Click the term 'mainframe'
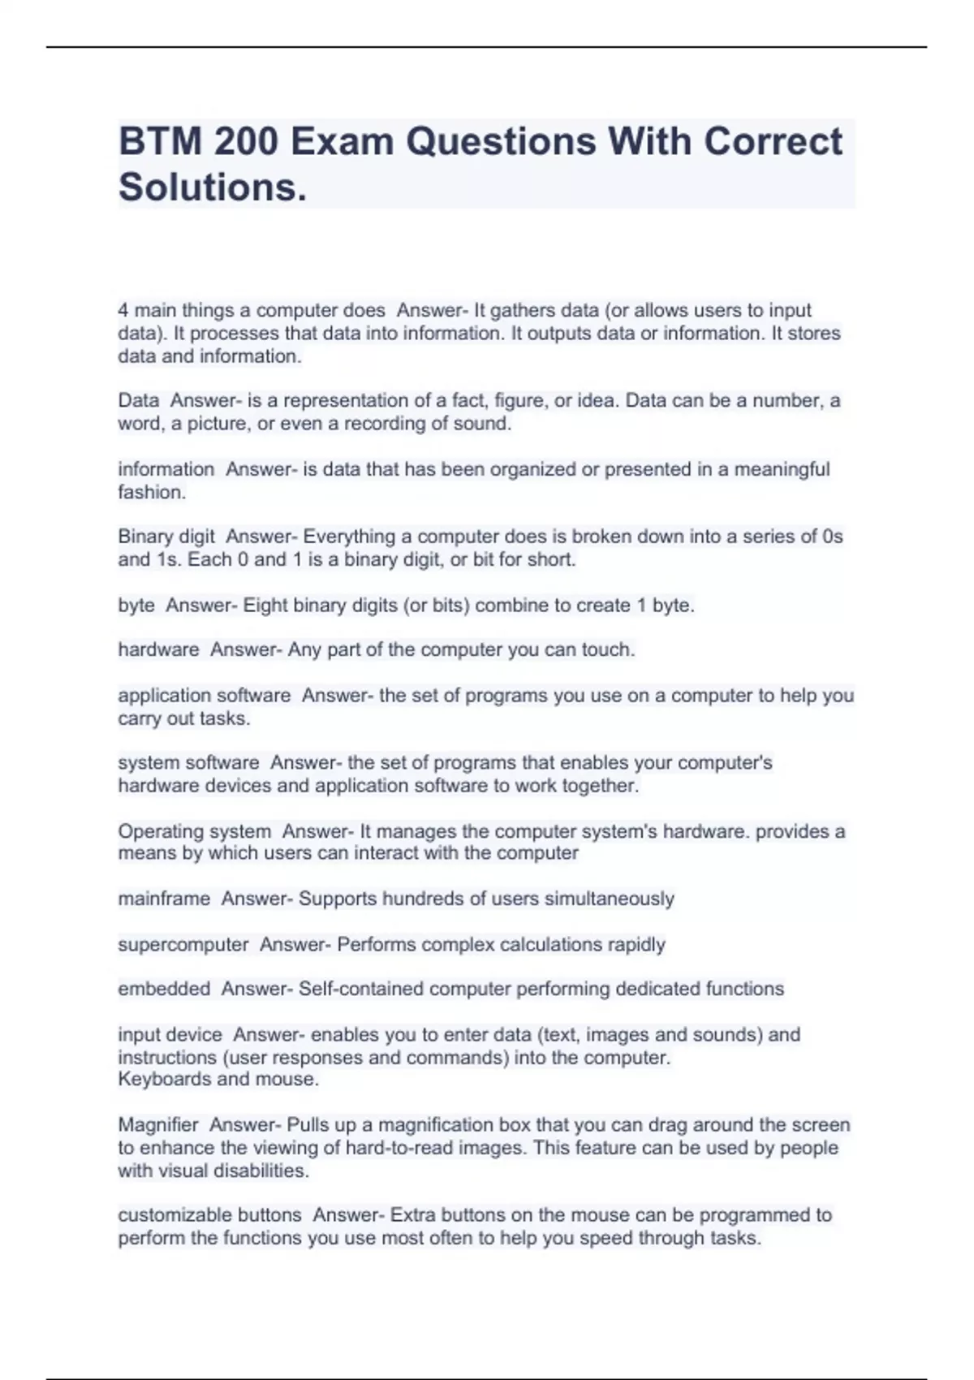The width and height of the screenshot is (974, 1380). click(x=164, y=899)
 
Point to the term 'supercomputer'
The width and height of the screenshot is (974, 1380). click(x=183, y=944)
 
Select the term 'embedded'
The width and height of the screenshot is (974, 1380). click(x=164, y=989)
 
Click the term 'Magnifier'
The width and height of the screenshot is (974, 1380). click(x=158, y=1124)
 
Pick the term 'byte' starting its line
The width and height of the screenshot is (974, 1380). click(x=136, y=605)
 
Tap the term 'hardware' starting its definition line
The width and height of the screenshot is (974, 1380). click(x=158, y=649)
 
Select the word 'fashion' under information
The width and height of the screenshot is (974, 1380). click(x=150, y=492)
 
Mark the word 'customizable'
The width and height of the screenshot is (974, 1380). click(x=163, y=1215)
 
